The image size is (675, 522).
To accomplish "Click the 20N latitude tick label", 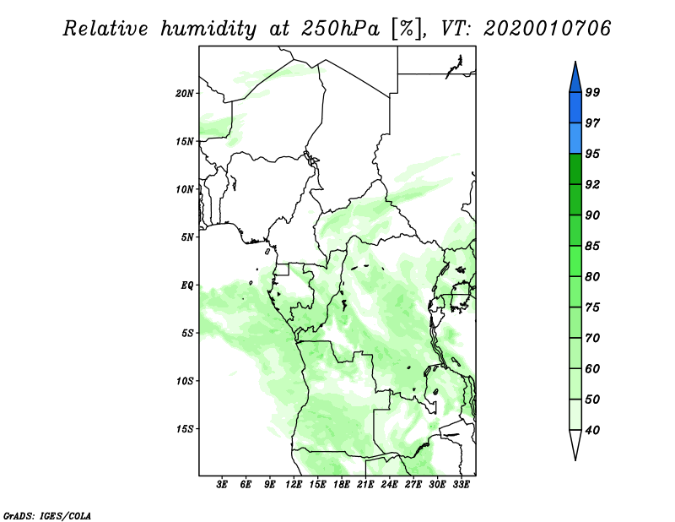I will point(186,93).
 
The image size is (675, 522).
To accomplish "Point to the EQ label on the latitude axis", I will point(188,285).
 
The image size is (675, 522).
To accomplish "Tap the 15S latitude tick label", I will point(186,428).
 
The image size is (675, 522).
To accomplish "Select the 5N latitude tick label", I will point(188,237).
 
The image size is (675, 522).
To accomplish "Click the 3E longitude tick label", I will point(223,485).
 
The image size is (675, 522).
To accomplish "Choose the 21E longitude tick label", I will point(365,485).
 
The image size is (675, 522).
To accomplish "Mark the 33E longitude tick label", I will point(461,485).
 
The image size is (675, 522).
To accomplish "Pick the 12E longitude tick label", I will point(294,485).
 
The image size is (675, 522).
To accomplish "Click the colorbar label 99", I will point(592,92).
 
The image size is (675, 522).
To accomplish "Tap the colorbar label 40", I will point(592,430).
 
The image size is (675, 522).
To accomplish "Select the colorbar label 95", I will point(592,154).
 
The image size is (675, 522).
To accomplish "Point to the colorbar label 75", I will point(592,307).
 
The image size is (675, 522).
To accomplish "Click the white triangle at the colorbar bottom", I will point(575,444).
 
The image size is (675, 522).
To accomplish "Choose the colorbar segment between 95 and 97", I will point(575,139).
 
